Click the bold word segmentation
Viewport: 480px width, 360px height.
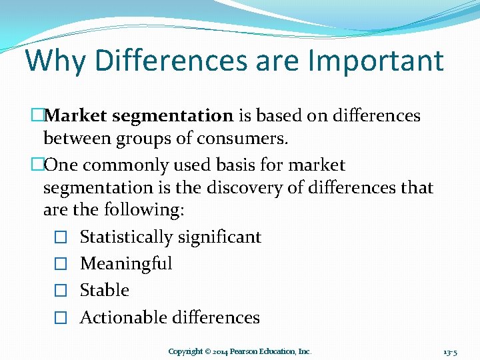[173, 116]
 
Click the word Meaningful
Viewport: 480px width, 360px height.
[126, 263]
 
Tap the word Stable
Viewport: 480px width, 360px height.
[105, 290]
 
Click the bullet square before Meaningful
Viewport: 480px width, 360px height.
[61, 264]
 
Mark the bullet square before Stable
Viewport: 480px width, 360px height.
[61, 291]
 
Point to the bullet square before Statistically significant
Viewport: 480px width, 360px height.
[61, 237]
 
